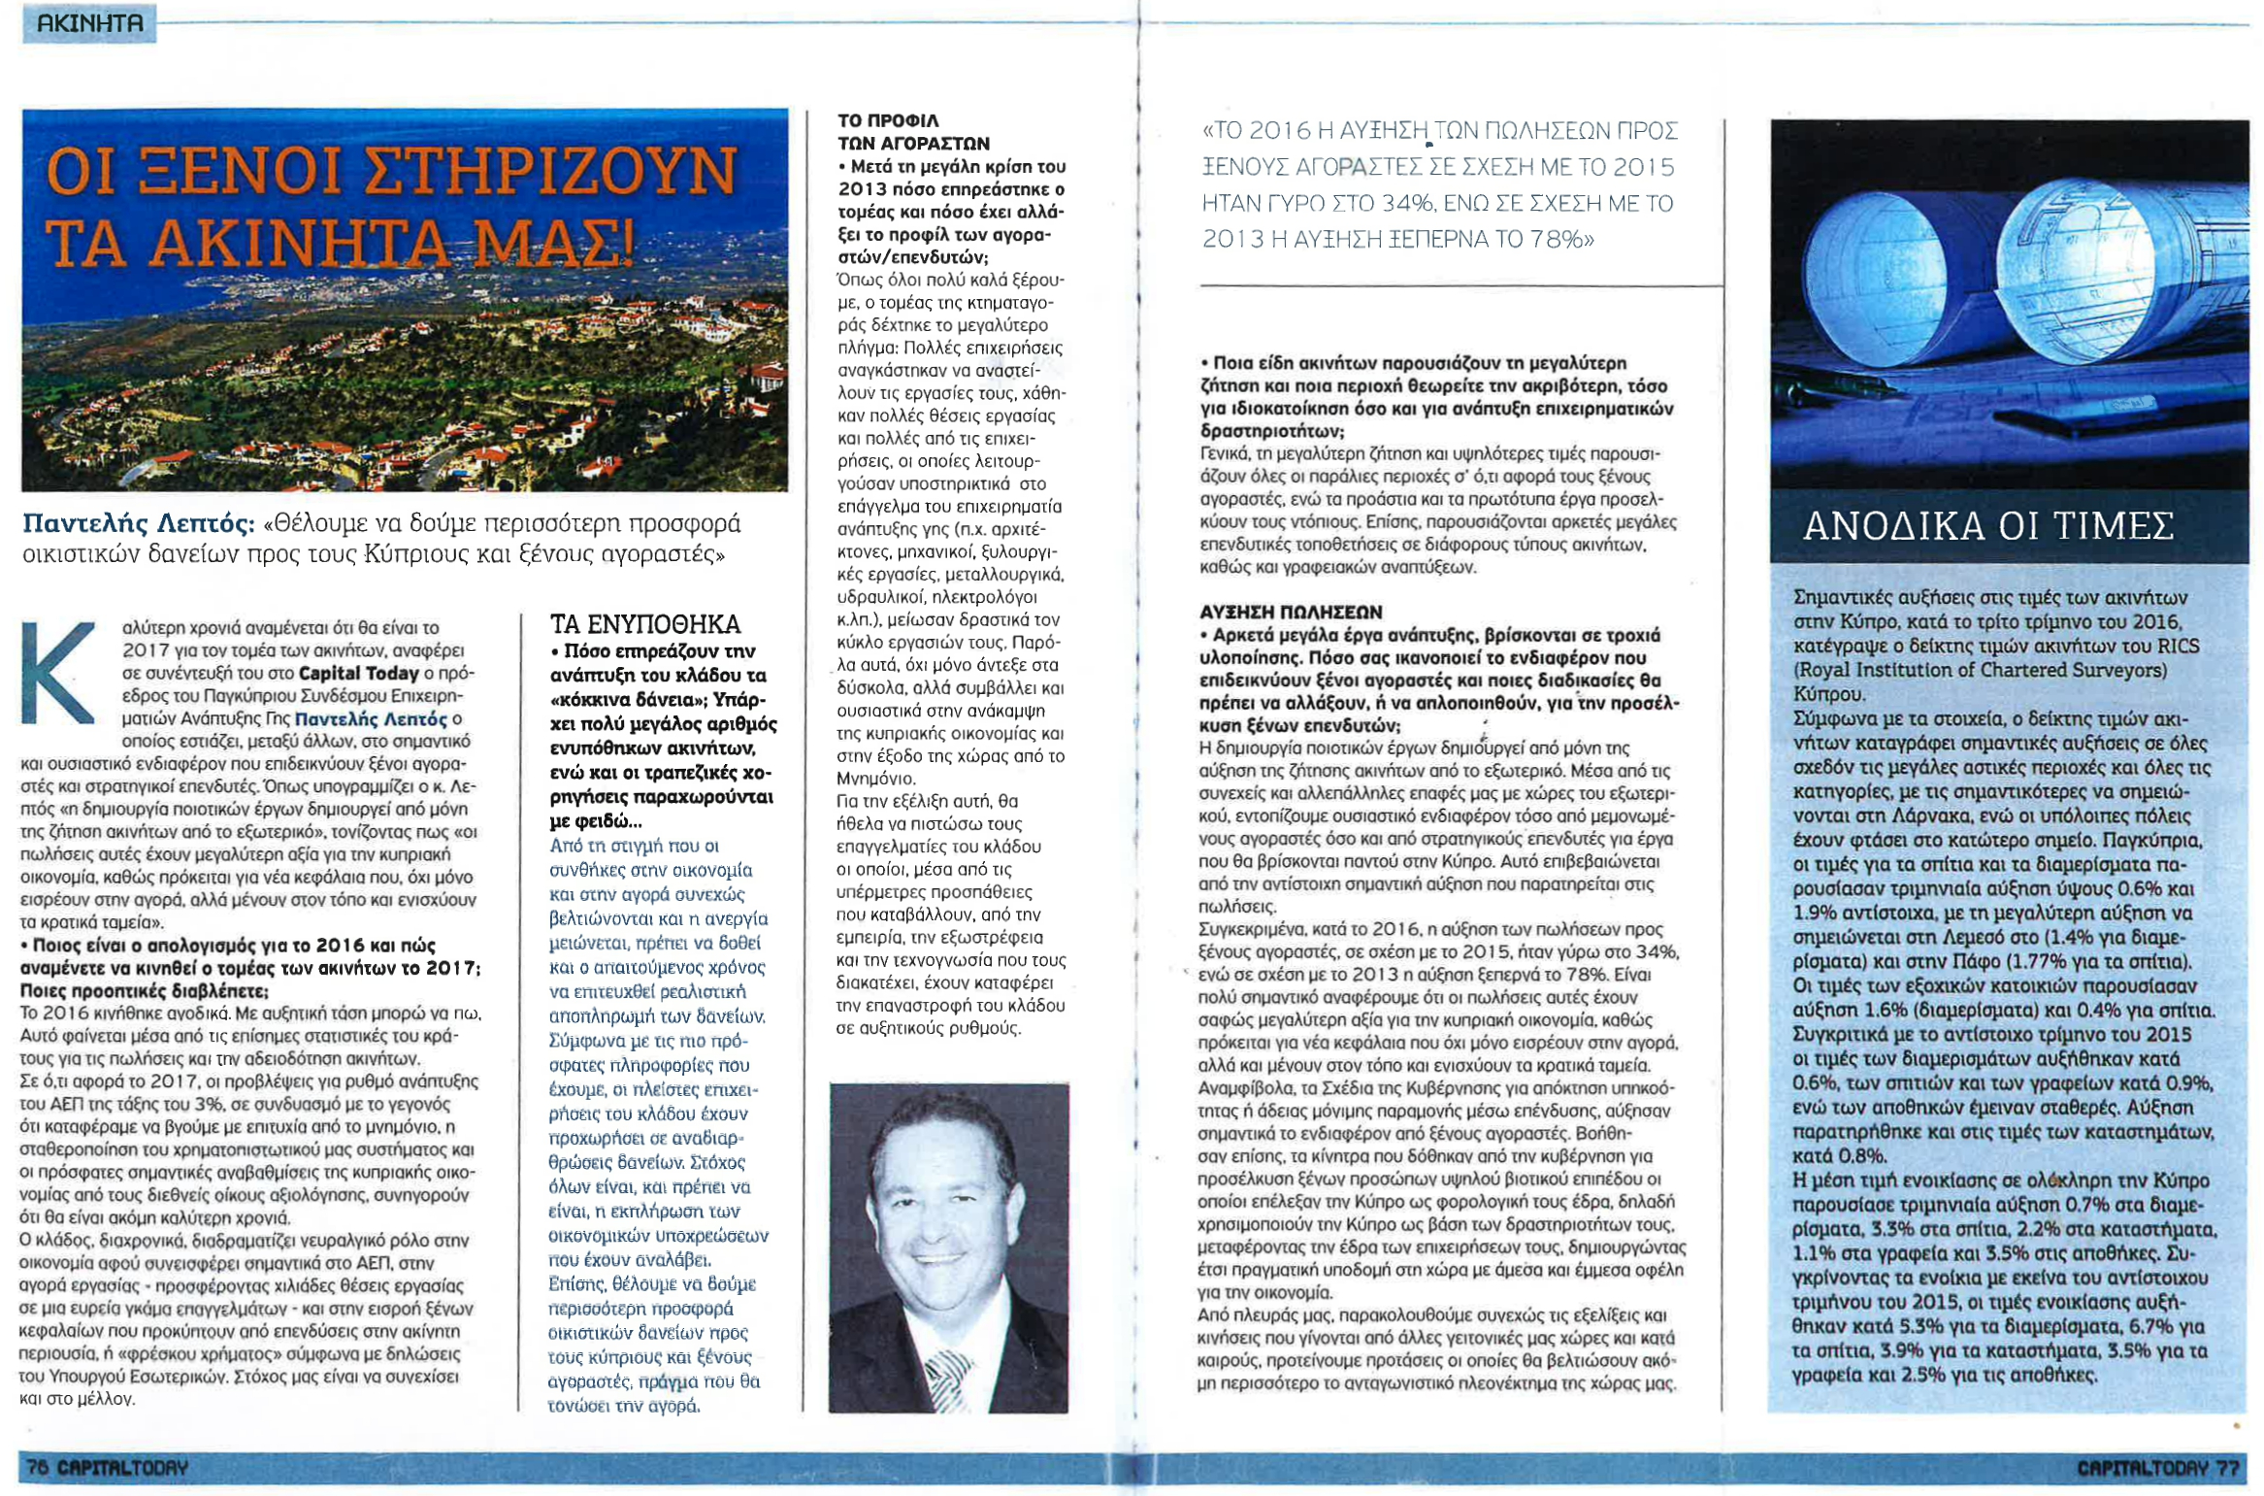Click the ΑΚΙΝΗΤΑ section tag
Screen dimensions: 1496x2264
89,22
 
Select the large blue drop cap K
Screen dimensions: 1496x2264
57,673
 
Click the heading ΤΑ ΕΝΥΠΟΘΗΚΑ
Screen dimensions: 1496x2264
644,623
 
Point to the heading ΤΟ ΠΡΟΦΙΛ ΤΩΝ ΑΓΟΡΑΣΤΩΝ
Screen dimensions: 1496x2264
912,132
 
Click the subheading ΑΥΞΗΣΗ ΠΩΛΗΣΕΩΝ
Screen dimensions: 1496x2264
1291,612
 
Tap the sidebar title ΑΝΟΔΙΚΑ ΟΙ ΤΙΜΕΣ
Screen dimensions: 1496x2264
1987,526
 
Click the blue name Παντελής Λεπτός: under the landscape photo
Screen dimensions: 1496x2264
138,524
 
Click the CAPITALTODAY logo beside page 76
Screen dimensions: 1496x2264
122,1467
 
